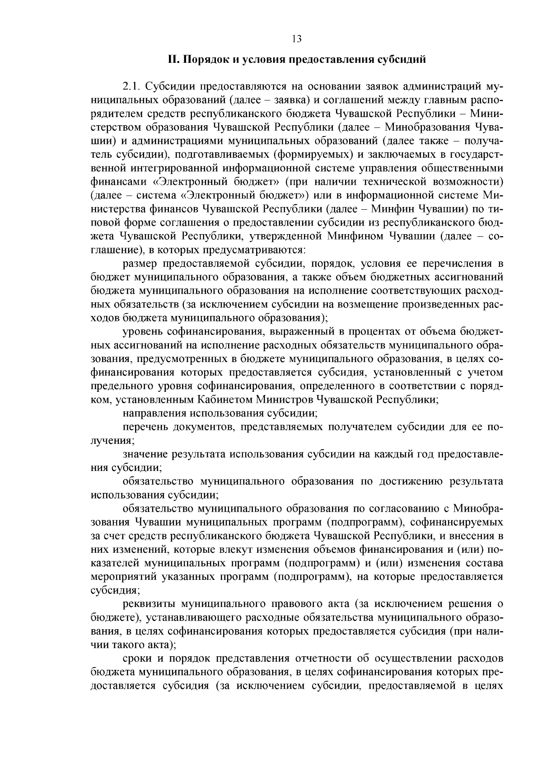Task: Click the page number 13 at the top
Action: click(297, 38)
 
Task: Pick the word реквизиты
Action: click(149, 604)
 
